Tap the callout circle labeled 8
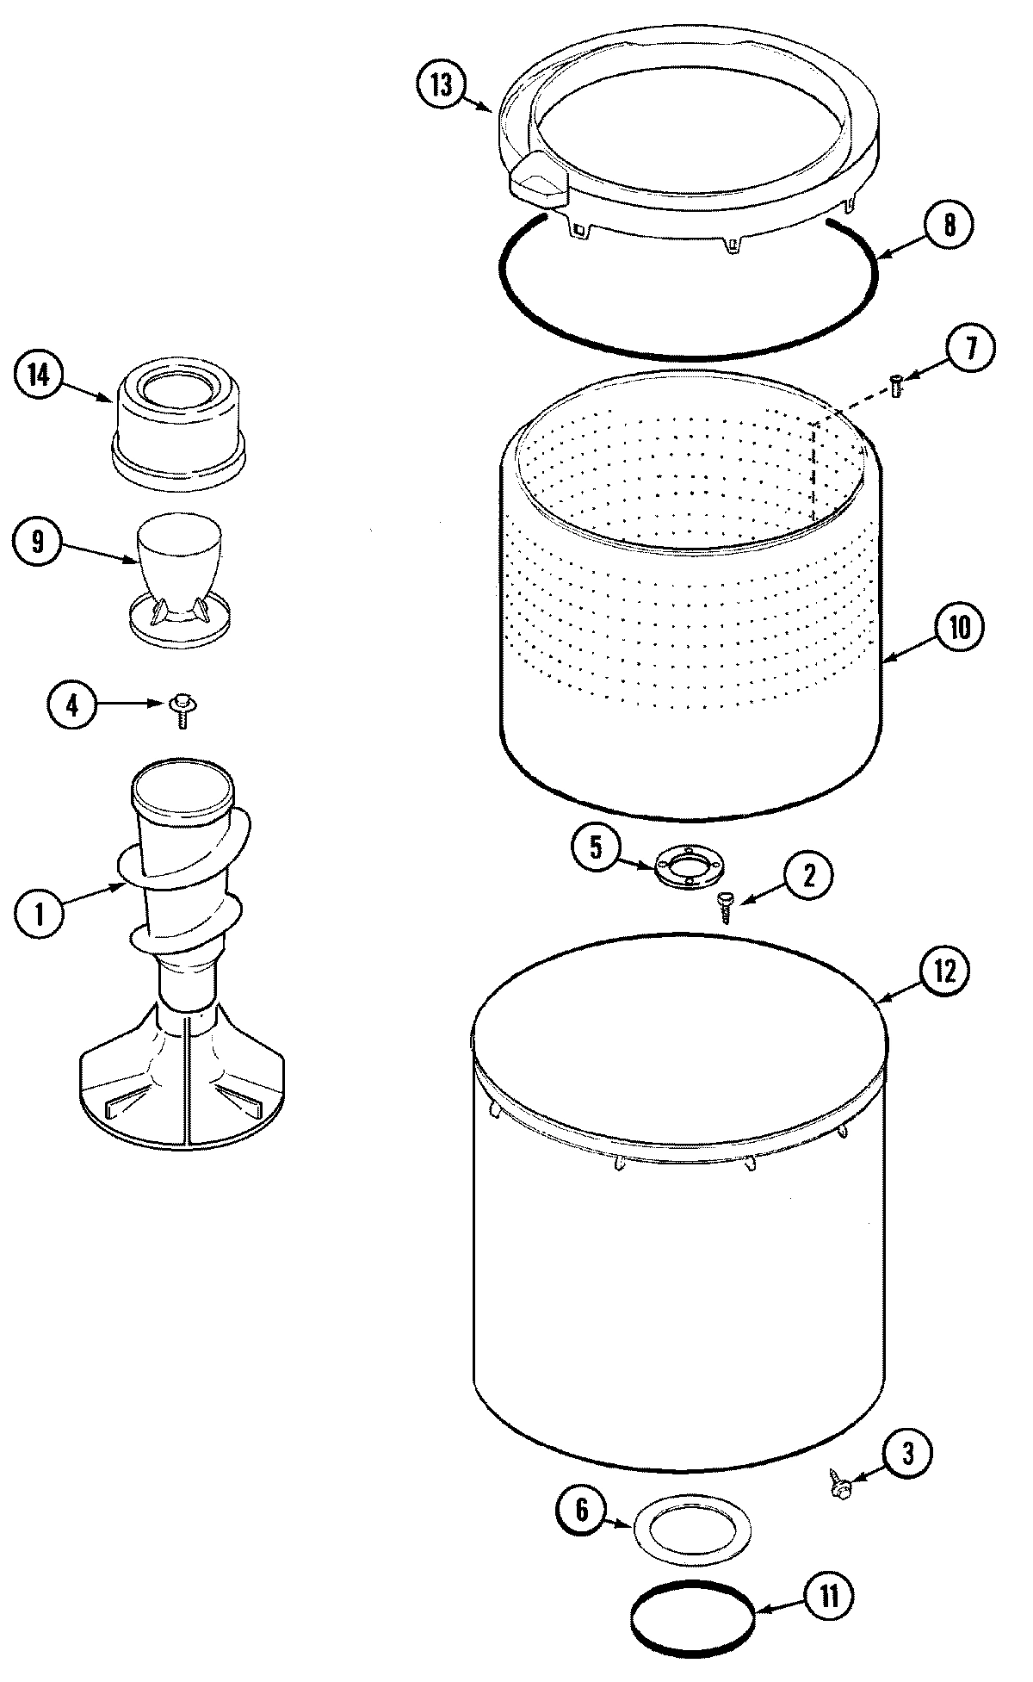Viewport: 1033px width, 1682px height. [949, 226]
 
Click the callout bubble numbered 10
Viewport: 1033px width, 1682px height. [958, 628]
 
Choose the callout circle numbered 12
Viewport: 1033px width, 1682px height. [944, 971]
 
